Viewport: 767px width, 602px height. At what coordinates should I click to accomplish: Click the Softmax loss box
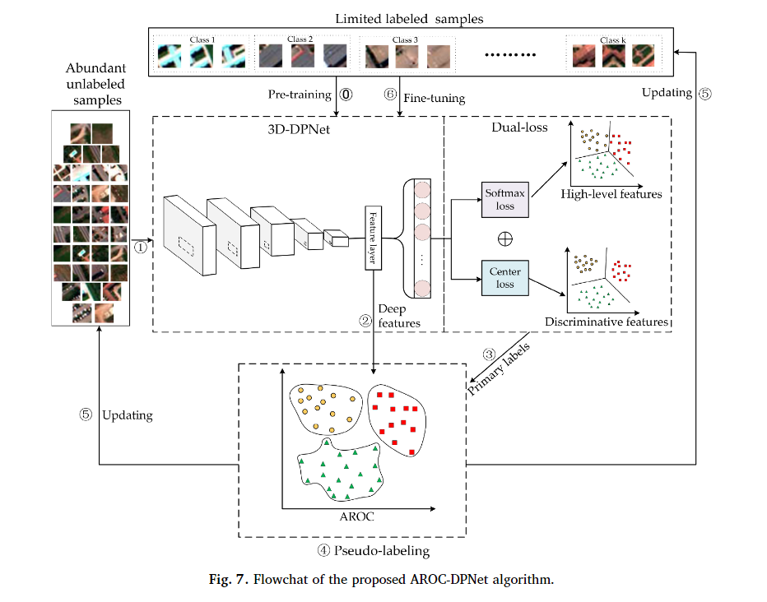[504, 201]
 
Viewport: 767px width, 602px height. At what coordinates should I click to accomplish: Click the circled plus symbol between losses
[505, 238]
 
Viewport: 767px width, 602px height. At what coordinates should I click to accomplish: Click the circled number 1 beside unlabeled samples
[141, 245]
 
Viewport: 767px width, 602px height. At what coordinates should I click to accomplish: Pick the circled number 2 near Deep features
[365, 322]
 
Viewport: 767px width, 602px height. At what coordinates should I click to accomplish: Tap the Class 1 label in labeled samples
[202, 39]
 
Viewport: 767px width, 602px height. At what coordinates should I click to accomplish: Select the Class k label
[613, 39]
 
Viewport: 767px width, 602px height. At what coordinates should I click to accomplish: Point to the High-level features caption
[611, 194]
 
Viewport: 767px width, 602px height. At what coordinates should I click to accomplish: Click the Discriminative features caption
[607, 322]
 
